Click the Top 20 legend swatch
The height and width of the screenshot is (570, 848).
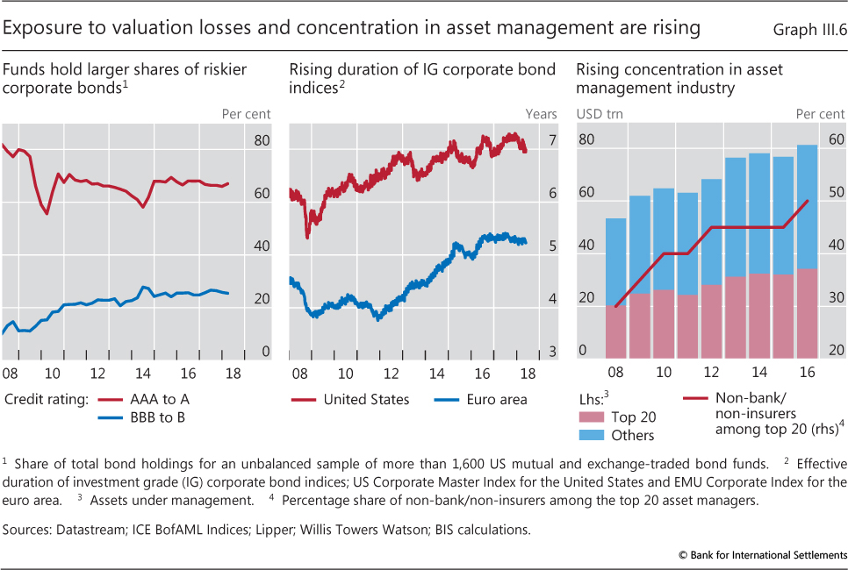point(593,417)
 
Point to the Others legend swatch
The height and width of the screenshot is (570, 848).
point(593,435)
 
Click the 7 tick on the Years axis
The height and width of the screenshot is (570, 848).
point(552,140)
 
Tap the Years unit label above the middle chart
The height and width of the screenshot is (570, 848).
point(541,113)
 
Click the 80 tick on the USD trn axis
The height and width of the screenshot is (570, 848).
point(586,140)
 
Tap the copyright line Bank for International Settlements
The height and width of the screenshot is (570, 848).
point(762,555)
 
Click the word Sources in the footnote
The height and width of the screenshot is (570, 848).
point(26,531)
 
